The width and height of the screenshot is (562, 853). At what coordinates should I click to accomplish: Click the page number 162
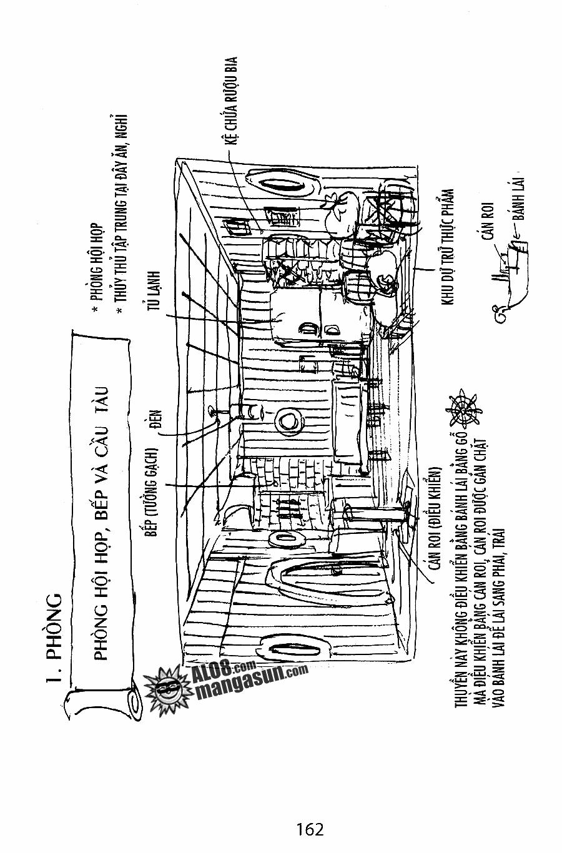click(310, 829)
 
